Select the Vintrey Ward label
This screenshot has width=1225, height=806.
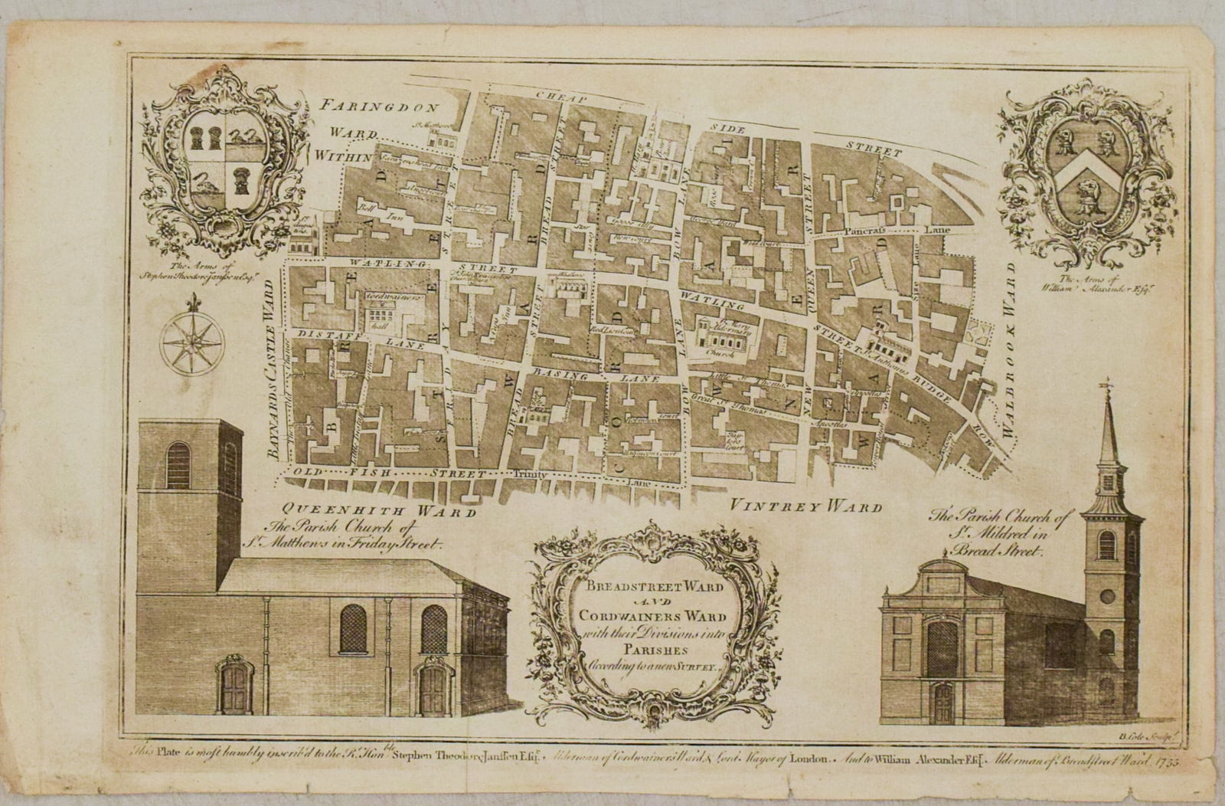point(805,506)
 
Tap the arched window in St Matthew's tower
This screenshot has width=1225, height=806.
point(178,466)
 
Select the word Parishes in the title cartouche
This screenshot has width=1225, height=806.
point(645,644)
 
